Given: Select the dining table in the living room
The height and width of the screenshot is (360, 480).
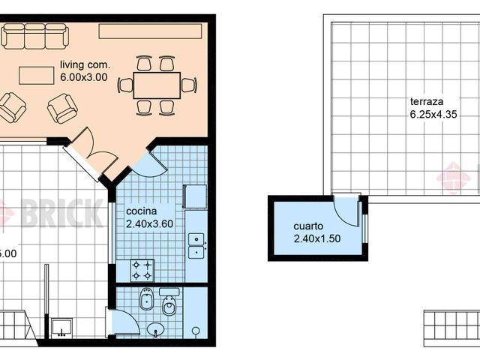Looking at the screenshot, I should [x=157, y=84].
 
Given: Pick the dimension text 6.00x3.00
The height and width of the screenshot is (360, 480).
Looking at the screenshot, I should [x=84, y=76].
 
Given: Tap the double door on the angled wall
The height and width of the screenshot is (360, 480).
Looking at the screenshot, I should [x=91, y=153].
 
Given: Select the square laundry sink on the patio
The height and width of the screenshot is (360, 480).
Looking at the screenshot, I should [x=62, y=326].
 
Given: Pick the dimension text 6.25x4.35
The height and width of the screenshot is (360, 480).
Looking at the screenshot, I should [x=433, y=115].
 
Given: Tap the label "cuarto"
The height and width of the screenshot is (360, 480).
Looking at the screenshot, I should [x=308, y=226].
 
